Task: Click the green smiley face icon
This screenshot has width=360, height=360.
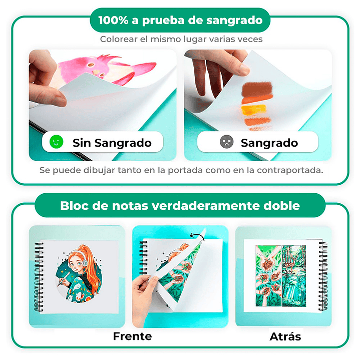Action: [56, 143]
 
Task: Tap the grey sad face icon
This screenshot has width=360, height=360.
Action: [226, 143]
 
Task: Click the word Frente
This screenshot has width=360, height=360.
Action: [132, 336]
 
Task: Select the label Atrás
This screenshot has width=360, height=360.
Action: [285, 336]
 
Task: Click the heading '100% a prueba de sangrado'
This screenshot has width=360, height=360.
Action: [180, 21]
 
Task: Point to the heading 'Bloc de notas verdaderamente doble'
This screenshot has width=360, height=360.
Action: [180, 206]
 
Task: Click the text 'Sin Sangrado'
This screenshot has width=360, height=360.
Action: [112, 143]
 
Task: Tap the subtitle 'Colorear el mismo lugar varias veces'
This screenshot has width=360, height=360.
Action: [180, 39]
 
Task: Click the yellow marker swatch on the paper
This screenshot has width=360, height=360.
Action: [253, 109]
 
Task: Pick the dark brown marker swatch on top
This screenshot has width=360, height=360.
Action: [256, 90]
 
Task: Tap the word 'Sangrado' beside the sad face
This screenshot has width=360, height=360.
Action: [269, 143]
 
